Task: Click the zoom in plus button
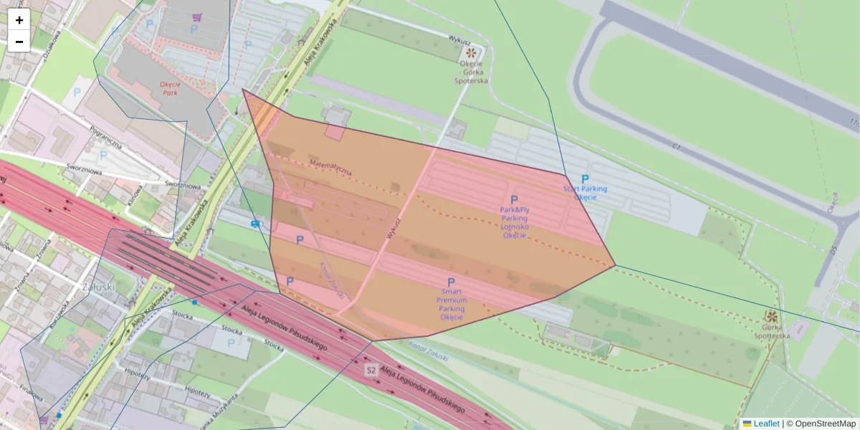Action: click(x=19, y=20)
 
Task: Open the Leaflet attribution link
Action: click(x=766, y=424)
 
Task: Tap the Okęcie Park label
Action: click(x=170, y=88)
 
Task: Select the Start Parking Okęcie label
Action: click(x=585, y=193)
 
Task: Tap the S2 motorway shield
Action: click(x=371, y=370)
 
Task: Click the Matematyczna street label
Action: click(x=330, y=168)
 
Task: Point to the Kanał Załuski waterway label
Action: click(x=428, y=352)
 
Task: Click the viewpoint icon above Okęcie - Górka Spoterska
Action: click(x=472, y=52)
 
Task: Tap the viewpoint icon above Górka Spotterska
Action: click(x=771, y=316)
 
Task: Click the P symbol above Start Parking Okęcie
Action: click(x=585, y=179)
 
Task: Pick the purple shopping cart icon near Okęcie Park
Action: click(x=196, y=16)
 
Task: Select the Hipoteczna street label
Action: click(x=136, y=373)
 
